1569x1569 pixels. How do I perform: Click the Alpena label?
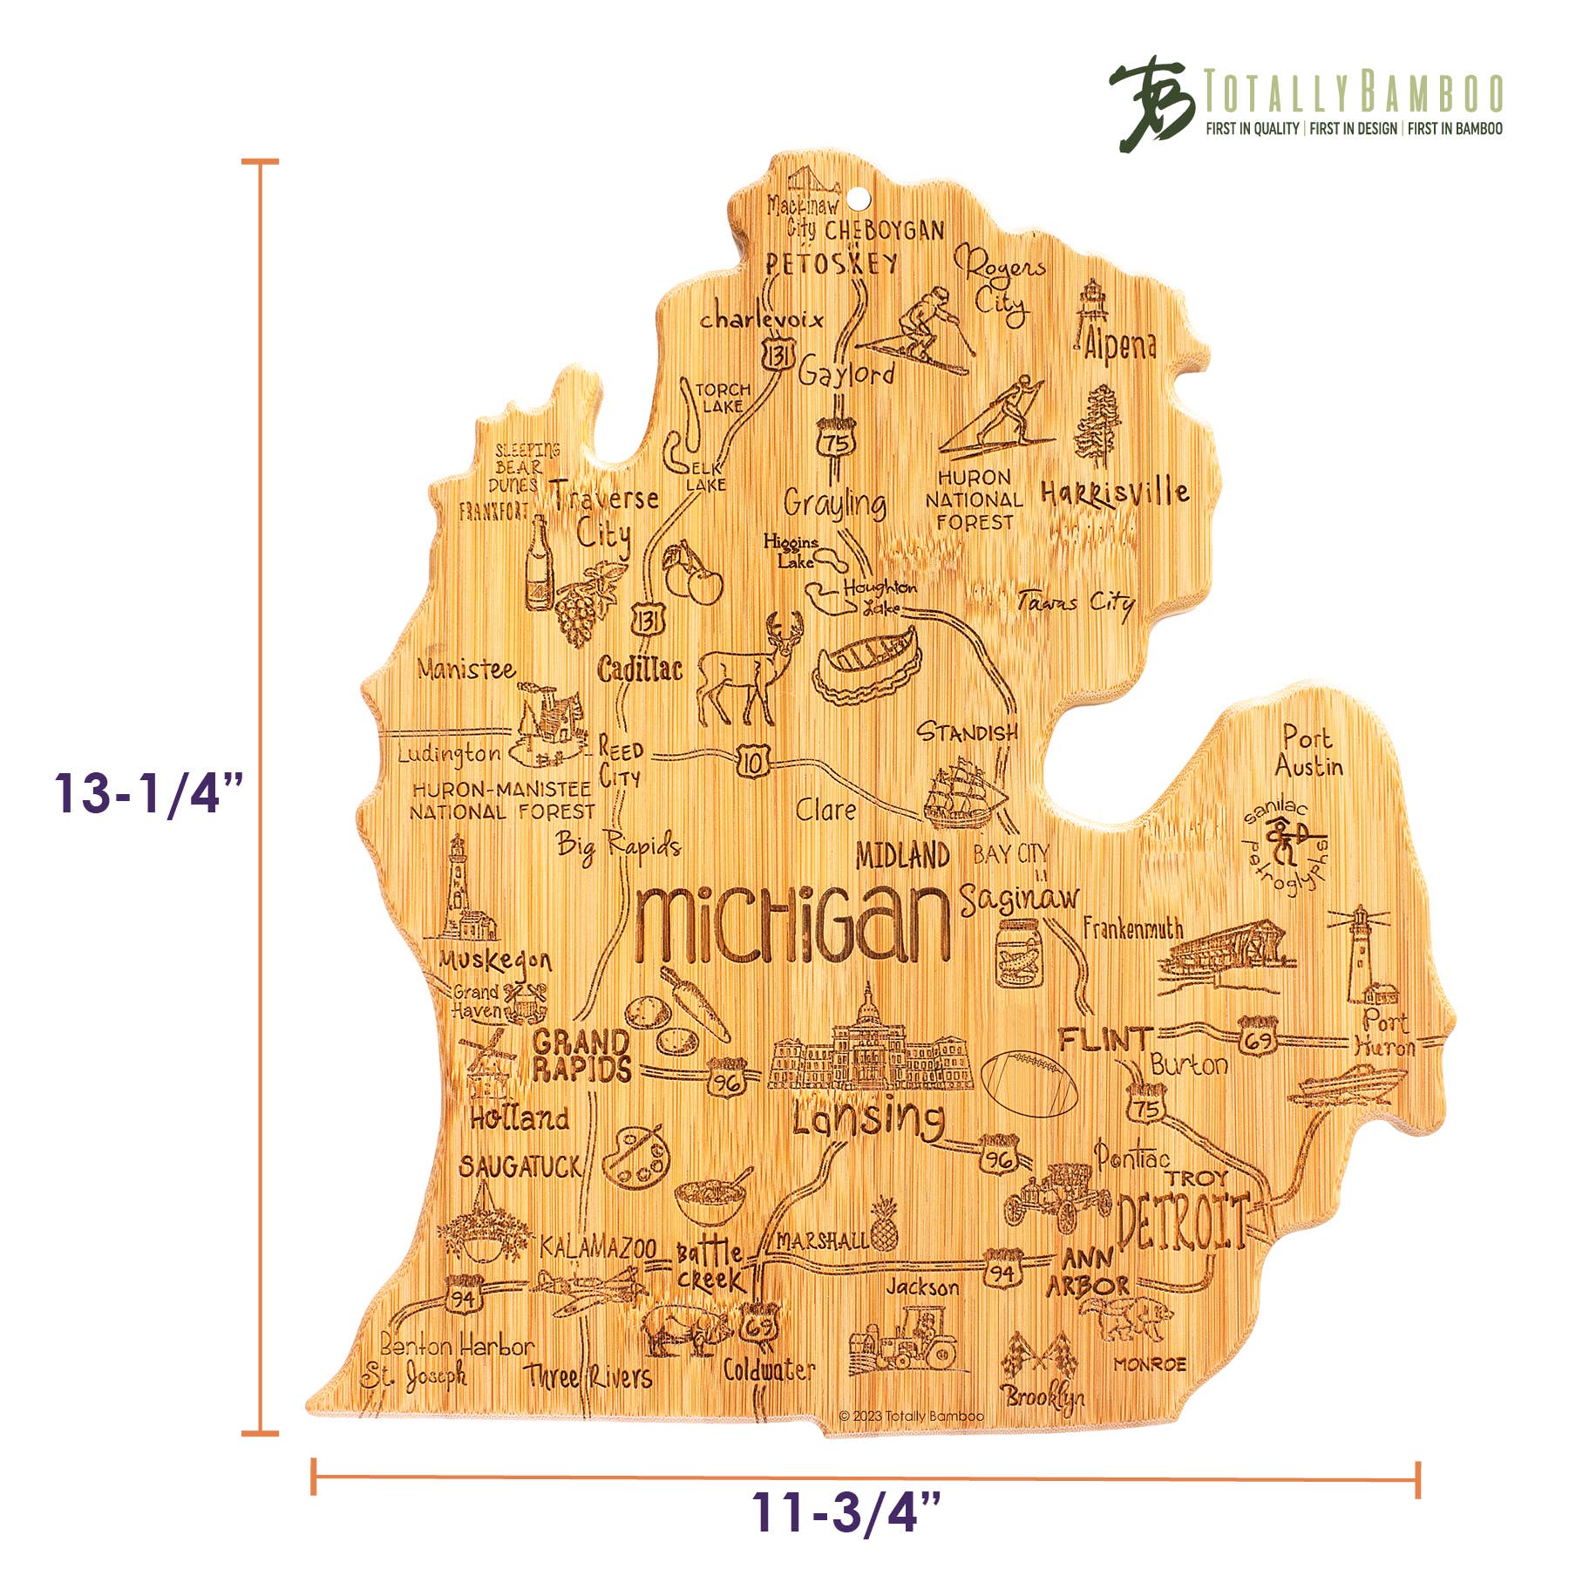pyautogui.click(x=1120, y=345)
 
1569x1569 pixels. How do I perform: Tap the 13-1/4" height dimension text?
pyautogui.click(x=148, y=793)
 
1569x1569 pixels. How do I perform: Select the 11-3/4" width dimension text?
pyautogui.click(x=846, y=1512)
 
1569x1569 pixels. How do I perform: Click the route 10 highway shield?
pyautogui.click(x=752, y=763)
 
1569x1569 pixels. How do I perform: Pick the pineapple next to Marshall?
pyautogui.click(x=883, y=1225)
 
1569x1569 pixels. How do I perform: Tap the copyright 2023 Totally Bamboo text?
pyautogui.click(x=911, y=1416)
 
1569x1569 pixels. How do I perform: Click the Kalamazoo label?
pyautogui.click(x=597, y=1248)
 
